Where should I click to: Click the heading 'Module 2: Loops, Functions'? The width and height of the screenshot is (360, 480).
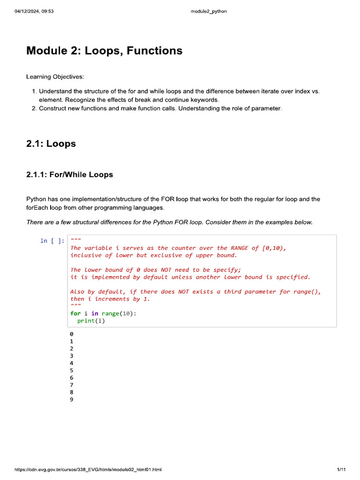click(x=104, y=51)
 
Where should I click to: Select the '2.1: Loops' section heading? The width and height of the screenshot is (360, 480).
click(x=51, y=143)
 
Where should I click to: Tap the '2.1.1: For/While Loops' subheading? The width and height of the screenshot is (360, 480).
click(x=69, y=175)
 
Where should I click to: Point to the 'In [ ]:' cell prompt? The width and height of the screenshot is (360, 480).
click(x=52, y=241)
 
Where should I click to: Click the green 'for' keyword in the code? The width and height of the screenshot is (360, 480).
click(x=75, y=314)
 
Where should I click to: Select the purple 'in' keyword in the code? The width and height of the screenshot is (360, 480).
click(x=95, y=314)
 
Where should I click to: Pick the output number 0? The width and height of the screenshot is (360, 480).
click(x=72, y=334)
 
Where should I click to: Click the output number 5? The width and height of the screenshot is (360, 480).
click(x=72, y=370)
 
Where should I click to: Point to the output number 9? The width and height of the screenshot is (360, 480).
click(x=72, y=399)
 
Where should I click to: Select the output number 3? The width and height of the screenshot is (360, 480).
click(x=72, y=356)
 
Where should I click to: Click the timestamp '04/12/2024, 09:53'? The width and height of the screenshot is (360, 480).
click(x=34, y=11)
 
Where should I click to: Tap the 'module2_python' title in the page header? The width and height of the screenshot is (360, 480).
click(x=209, y=11)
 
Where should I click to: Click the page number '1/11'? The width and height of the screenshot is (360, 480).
click(x=341, y=469)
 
